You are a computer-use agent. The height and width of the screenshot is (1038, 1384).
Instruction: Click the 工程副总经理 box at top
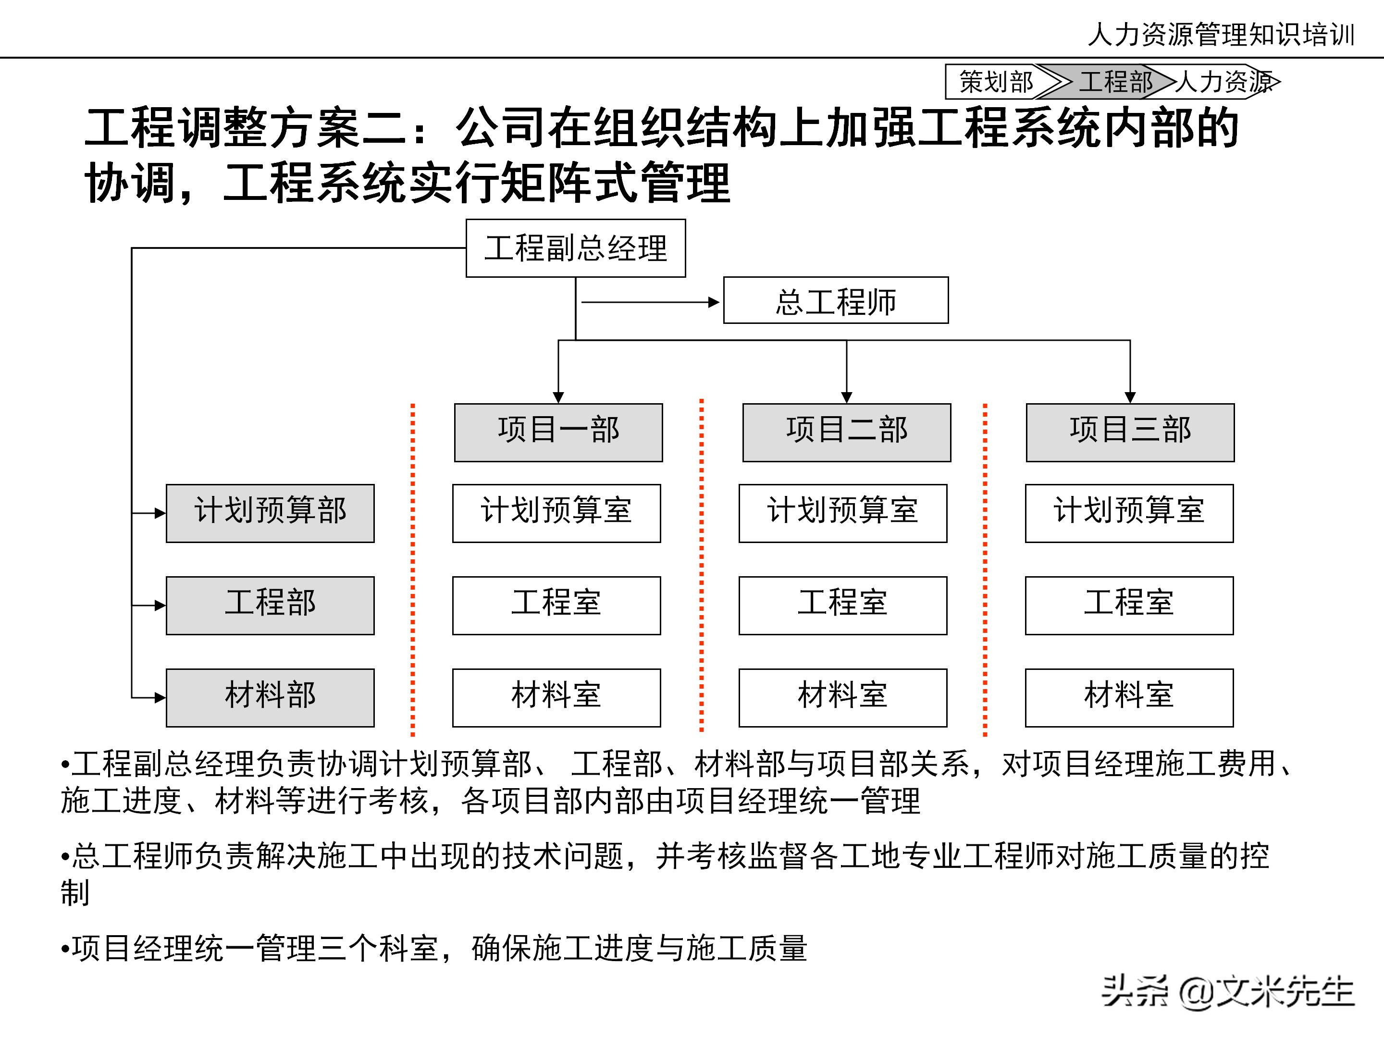576,248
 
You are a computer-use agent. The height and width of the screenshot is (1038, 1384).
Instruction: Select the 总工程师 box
835,301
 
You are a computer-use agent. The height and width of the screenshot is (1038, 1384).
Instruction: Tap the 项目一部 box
558,432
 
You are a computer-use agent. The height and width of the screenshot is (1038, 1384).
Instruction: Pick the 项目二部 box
847,432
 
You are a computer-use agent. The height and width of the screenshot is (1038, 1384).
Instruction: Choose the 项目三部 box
1130,432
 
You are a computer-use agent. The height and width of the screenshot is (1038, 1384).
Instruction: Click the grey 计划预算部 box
270,513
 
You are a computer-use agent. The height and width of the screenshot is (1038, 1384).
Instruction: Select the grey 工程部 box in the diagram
270,605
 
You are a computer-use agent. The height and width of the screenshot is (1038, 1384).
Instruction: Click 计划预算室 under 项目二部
843,513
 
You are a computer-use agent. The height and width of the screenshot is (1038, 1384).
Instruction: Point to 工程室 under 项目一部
556,605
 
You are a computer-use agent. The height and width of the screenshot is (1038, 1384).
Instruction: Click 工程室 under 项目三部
1129,605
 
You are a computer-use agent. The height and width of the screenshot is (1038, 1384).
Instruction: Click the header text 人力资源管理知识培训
1221,35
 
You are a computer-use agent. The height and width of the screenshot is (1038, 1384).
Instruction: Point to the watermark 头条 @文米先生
1227,992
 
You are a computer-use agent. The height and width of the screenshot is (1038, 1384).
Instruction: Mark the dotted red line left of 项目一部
413,569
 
